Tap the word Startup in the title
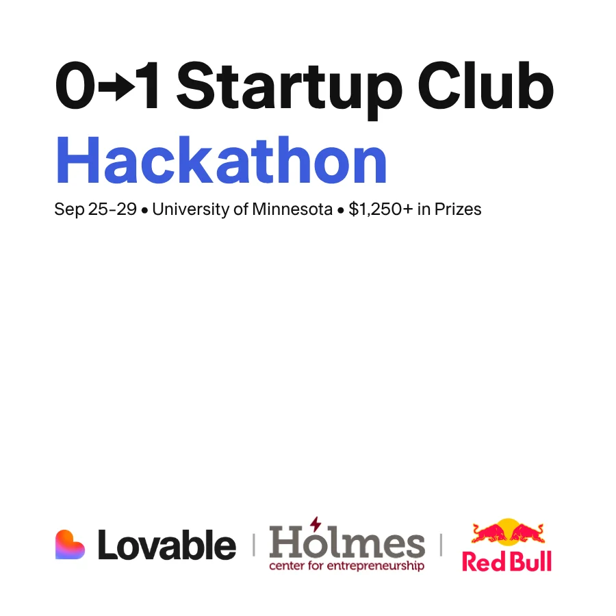click(x=290, y=90)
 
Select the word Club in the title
click(x=485, y=86)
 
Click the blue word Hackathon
click(x=221, y=159)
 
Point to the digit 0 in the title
click(x=75, y=86)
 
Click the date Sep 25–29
click(x=95, y=209)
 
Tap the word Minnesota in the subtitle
click(x=292, y=209)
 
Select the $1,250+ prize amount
click(x=381, y=209)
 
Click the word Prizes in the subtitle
click(x=458, y=209)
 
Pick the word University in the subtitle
click(x=190, y=209)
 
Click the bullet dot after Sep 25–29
click(x=144, y=211)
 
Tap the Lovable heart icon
click(x=70, y=545)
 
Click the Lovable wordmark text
click(x=167, y=545)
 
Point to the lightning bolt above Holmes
click(x=316, y=524)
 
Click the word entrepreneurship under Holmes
click(x=376, y=566)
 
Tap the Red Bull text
click(x=506, y=561)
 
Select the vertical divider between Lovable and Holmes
click(x=254, y=545)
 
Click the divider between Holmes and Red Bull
click(x=441, y=545)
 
